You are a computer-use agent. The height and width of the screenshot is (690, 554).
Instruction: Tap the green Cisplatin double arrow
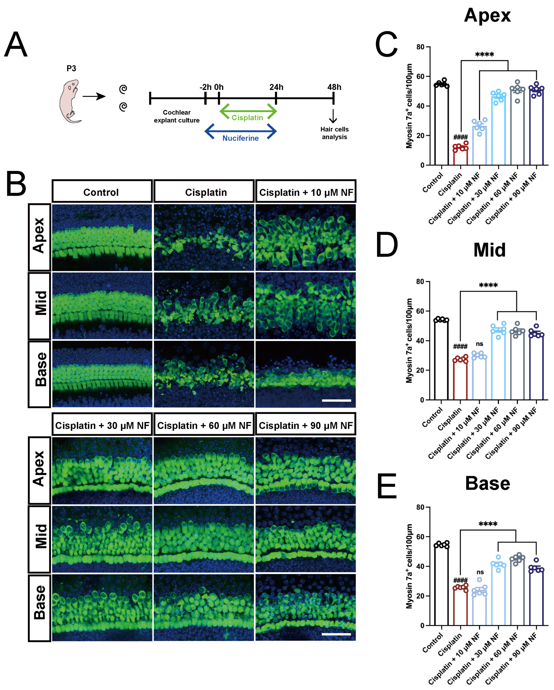tap(248, 112)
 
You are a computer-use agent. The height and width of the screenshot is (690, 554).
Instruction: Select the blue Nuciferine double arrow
tap(240, 131)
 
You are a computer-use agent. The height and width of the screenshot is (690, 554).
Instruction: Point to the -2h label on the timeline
tap(205, 87)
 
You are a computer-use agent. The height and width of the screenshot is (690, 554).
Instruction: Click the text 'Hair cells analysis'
tap(334, 133)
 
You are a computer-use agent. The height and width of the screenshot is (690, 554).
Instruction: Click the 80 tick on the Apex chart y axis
tap(420, 47)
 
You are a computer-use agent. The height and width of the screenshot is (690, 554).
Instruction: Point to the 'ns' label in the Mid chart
tap(479, 344)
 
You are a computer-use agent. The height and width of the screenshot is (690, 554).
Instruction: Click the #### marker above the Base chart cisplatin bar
tap(461, 580)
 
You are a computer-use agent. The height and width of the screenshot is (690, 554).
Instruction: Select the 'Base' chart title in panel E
tap(487, 484)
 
